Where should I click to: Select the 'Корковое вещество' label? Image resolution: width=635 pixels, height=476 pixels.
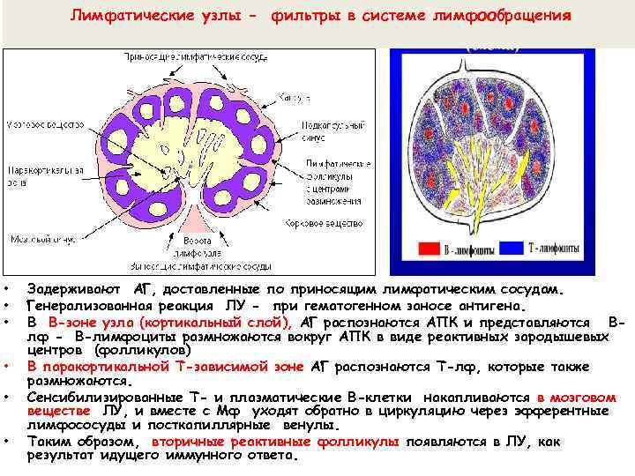323,224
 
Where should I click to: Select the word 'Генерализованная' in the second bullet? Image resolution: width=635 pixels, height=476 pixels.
85,306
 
